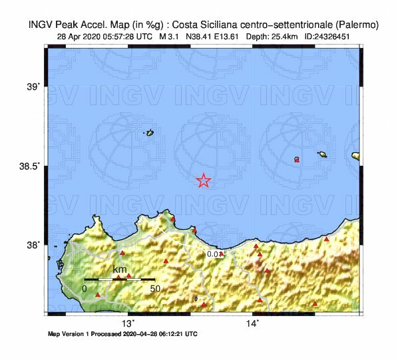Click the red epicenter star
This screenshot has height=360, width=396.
204,180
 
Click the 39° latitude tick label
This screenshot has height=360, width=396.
33,86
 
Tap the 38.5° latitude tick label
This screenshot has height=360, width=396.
30,165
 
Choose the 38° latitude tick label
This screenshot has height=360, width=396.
33,244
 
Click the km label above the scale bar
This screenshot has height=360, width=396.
120,270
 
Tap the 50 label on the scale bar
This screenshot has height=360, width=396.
155,288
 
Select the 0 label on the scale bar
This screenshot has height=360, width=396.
85,288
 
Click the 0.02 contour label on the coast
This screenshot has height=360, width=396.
214,254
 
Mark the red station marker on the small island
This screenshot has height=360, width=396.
297,160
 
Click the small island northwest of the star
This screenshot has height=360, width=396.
150,133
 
